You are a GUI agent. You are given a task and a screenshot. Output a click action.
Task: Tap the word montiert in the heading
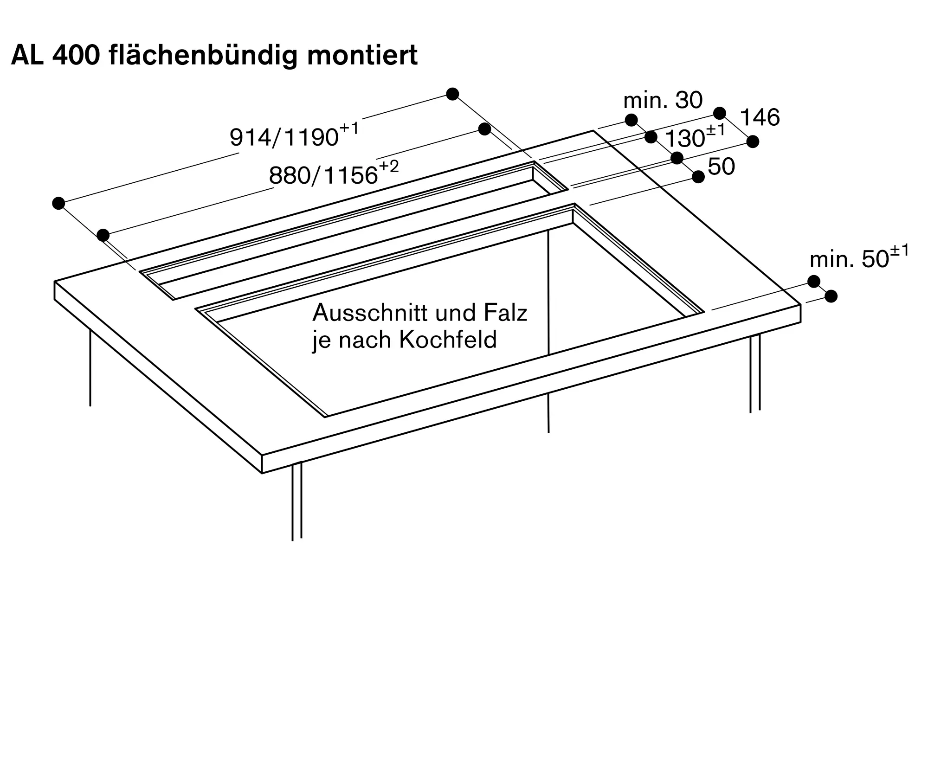coord(362,56)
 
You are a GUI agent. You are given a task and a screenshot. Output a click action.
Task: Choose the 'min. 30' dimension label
coord(663,100)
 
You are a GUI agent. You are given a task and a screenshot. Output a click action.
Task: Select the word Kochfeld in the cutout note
coord(448,340)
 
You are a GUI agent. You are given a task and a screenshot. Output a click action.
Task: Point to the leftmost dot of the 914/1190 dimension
coord(58,203)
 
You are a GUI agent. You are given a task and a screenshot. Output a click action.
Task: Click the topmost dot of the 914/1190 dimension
coord(452,94)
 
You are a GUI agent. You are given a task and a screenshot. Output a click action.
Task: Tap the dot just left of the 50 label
coord(698,177)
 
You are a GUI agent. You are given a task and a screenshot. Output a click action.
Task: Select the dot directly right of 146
coord(753,141)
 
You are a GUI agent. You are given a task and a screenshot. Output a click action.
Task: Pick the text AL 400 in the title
coord(55,56)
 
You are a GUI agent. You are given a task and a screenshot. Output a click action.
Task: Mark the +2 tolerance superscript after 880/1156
coord(389,167)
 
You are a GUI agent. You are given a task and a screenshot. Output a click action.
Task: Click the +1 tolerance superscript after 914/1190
coord(349,128)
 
